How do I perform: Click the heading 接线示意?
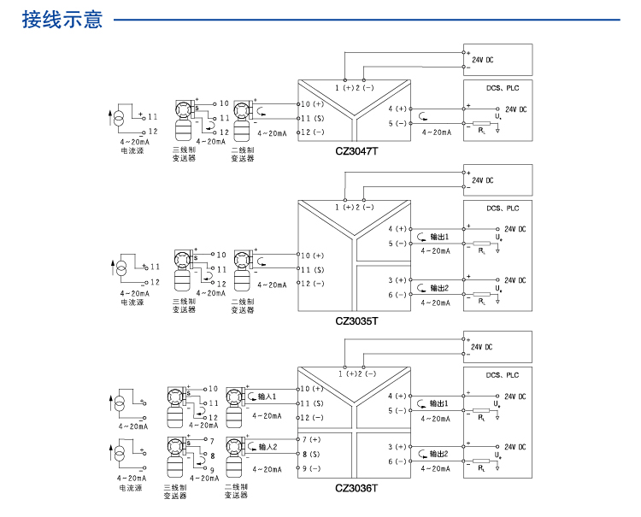[62, 19]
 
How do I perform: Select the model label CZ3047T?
[356, 151]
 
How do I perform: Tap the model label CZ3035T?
[356, 321]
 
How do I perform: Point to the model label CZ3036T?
[356, 489]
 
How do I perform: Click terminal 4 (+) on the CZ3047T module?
[397, 109]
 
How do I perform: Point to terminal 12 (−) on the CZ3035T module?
[311, 284]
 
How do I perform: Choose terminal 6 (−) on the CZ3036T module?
[397, 461]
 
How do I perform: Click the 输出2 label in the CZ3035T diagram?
[439, 287]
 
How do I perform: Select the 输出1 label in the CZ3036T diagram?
[439, 402]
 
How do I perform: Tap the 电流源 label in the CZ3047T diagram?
[132, 150]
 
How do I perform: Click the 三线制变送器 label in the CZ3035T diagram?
[185, 305]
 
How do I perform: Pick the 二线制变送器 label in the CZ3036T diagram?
[237, 491]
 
